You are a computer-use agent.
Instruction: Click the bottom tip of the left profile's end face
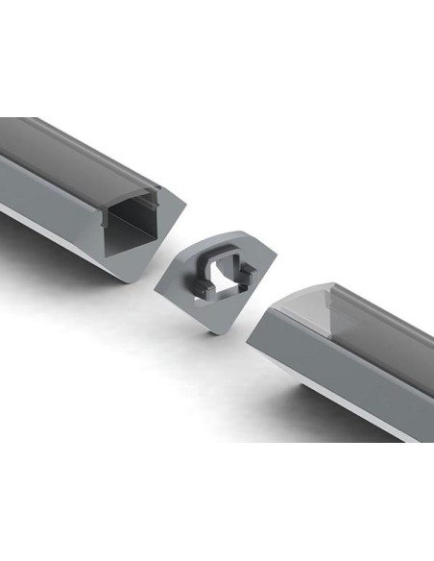[x=126, y=280]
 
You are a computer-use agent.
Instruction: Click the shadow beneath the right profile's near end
[x=278, y=379]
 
